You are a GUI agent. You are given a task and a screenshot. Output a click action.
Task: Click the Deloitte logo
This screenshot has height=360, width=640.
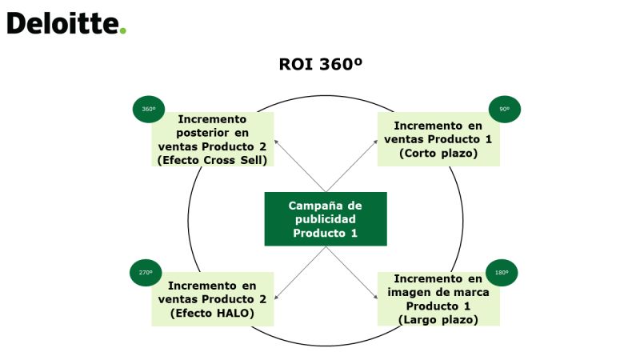(x=66, y=23)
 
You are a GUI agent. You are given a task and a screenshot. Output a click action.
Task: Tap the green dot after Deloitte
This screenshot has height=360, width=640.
(x=122, y=30)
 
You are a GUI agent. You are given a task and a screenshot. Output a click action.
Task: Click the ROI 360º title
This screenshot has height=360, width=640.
(x=321, y=64)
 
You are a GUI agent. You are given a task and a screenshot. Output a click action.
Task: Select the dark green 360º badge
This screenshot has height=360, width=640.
(x=149, y=109)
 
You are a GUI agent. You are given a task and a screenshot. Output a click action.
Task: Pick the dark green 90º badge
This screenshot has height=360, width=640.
(x=505, y=109)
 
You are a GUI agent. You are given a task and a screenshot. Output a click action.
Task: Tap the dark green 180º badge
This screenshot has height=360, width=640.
(x=502, y=273)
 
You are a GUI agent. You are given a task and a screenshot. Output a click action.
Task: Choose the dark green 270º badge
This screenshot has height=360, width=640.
(x=146, y=273)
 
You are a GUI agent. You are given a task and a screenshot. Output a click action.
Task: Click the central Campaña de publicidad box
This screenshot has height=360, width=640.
(x=326, y=218)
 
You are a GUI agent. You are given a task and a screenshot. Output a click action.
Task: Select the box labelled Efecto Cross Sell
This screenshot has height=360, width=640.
(x=213, y=139)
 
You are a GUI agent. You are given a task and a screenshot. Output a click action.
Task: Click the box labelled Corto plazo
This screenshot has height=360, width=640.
(x=438, y=139)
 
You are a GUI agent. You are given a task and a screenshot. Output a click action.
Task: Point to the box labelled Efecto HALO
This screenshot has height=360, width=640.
(x=213, y=299)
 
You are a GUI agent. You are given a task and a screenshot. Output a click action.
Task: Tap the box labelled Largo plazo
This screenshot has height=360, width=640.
(x=438, y=299)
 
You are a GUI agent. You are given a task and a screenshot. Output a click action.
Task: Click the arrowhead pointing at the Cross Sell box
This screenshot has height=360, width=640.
(x=276, y=142)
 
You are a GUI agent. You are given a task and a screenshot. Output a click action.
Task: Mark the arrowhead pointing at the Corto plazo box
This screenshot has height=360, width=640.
(x=375, y=142)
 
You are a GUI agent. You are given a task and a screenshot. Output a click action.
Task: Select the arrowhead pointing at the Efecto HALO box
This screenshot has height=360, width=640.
(x=276, y=297)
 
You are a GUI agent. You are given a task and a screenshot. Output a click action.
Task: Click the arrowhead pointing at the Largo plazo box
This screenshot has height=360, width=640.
(x=375, y=297)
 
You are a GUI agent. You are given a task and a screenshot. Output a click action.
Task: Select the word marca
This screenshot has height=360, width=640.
(x=471, y=292)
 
